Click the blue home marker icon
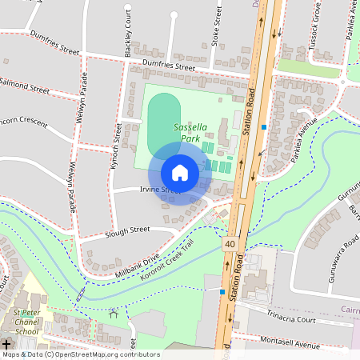click(x=180, y=172)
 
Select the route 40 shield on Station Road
click(x=230, y=243)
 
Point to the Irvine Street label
click(x=158, y=190)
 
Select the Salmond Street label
click(x=26, y=84)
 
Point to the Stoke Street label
click(x=216, y=24)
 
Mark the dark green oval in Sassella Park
click(x=162, y=125)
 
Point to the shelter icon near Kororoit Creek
click(x=112, y=314)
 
